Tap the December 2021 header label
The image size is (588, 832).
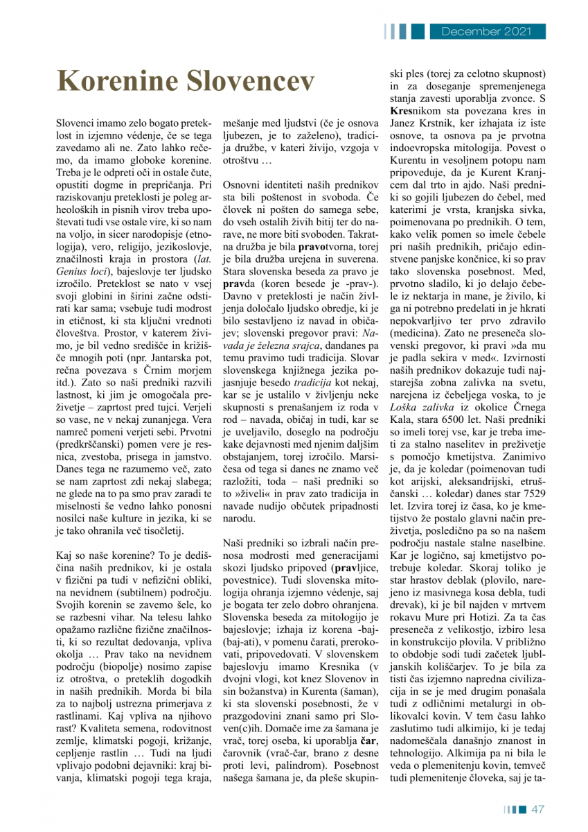[x=485, y=31]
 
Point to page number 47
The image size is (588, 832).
[x=539, y=808]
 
